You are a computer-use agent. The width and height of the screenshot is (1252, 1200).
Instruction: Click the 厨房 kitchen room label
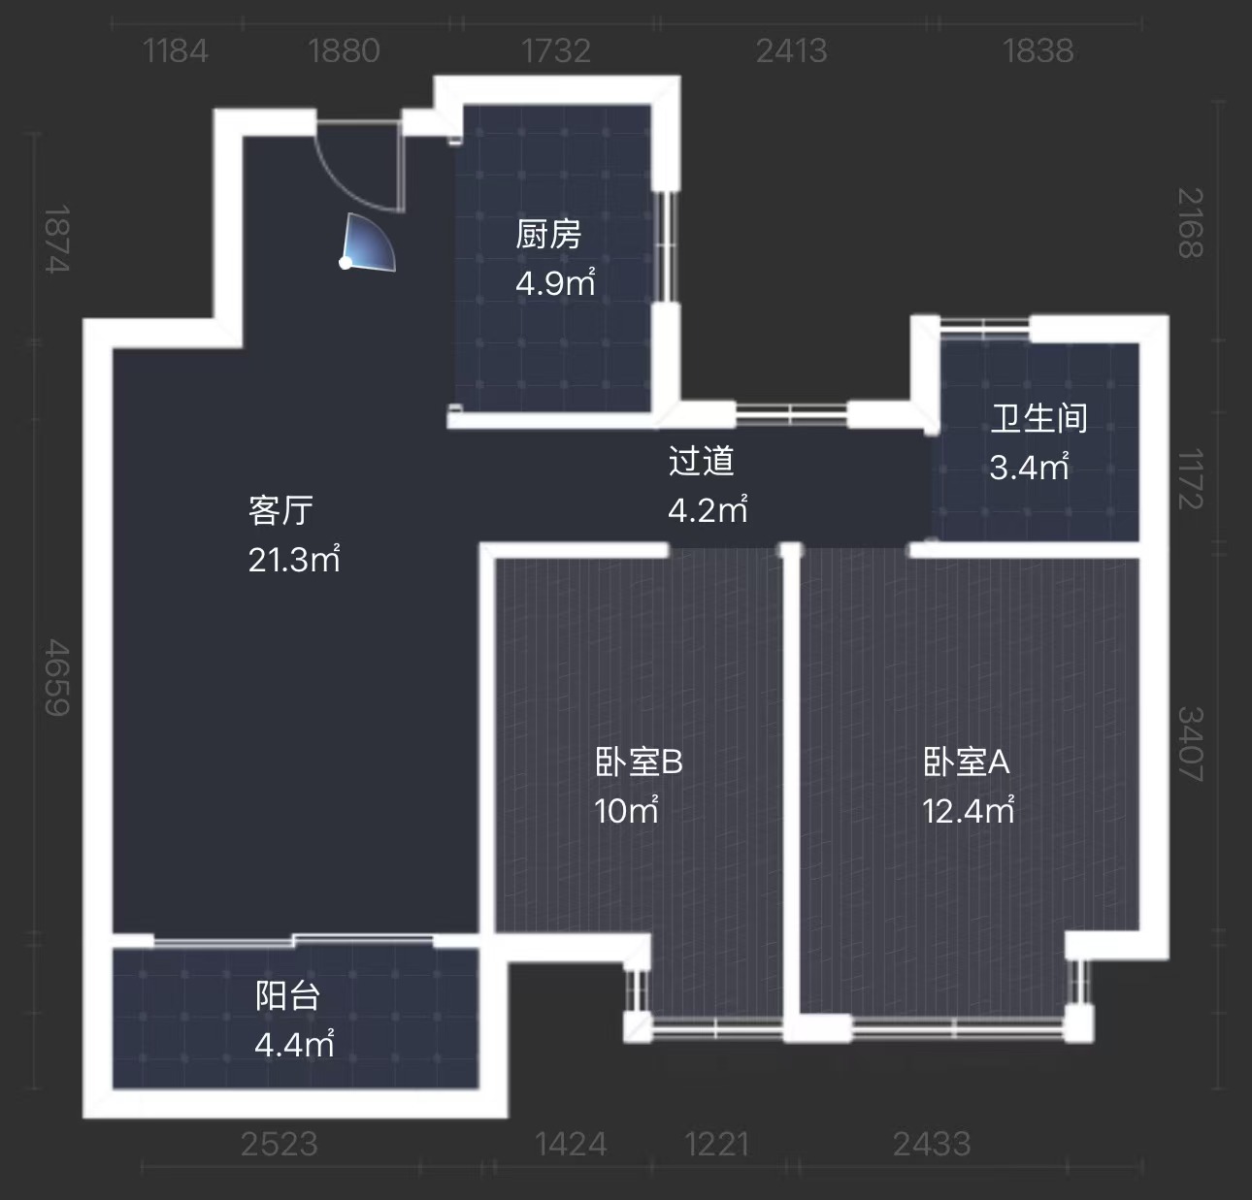(x=548, y=234)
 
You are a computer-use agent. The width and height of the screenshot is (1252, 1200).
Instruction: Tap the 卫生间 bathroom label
(x=1038, y=418)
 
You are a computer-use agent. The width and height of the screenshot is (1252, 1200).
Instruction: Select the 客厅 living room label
(x=280, y=510)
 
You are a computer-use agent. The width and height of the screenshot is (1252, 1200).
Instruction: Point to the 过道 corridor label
(x=702, y=461)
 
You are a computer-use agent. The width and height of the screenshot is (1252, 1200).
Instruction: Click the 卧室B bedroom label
(x=639, y=762)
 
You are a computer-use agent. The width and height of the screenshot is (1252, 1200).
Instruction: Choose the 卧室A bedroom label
(x=967, y=762)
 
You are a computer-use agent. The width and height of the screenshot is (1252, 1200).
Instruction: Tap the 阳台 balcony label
(x=287, y=996)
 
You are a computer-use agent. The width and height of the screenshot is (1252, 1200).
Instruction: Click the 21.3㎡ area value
(x=294, y=559)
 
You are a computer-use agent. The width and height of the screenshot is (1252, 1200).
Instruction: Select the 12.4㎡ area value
(x=969, y=810)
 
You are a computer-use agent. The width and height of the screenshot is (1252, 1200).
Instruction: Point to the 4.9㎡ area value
(x=555, y=282)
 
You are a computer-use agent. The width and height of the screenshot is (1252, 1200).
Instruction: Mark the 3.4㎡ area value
(x=1030, y=467)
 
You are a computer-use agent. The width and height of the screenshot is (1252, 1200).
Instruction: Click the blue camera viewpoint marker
(x=367, y=244)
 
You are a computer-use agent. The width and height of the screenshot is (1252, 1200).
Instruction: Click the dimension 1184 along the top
(x=176, y=50)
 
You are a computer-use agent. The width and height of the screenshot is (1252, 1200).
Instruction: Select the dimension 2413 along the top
(x=791, y=50)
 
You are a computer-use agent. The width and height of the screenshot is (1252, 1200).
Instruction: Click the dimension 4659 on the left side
(x=57, y=677)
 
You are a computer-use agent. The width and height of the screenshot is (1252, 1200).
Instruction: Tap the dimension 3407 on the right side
(x=1190, y=744)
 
